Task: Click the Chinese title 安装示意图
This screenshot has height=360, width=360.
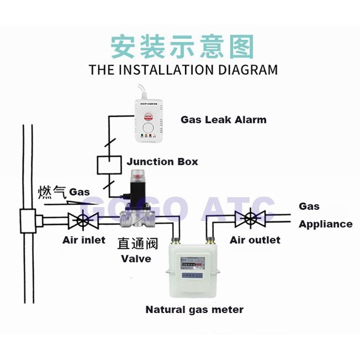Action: (182, 47)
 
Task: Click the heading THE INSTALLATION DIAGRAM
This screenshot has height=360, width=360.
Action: (183, 70)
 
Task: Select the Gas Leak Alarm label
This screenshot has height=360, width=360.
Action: (223, 120)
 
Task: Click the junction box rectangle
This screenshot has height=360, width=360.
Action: (109, 164)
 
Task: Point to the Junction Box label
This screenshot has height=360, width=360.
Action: (162, 162)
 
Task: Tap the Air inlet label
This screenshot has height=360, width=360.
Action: (84, 240)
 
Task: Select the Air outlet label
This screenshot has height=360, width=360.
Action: (255, 240)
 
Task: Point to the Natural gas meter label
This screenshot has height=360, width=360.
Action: (194, 310)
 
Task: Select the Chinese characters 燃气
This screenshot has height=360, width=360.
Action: (52, 192)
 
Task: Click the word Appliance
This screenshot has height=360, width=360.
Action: (326, 224)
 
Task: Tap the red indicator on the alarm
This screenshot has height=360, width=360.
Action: (147, 116)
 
